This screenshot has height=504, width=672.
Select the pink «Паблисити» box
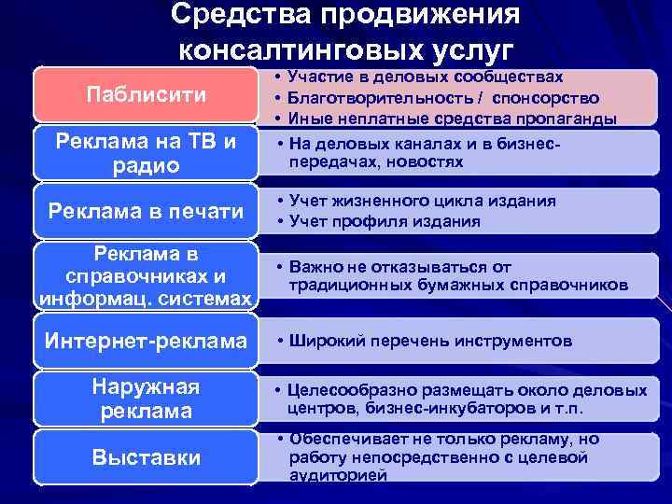point(145,94)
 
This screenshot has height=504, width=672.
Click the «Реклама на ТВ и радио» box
point(145,152)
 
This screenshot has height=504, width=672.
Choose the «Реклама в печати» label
point(145,212)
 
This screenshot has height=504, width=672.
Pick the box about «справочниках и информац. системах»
point(145,275)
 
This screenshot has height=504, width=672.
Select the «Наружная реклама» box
point(145,399)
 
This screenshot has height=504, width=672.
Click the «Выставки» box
point(145,456)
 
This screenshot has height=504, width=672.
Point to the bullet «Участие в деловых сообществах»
point(426,77)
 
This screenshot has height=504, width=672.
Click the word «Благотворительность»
point(383,97)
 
